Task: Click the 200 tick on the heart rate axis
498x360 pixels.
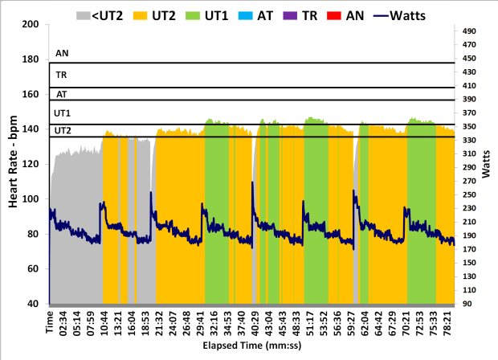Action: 32,24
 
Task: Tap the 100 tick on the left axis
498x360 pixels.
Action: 32,198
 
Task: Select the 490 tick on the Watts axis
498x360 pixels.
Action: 471,31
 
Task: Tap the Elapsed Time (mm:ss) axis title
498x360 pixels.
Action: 252,349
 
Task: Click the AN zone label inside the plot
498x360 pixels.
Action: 60,54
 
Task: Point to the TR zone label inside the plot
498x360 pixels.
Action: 60,75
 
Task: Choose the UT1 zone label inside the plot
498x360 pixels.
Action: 62,113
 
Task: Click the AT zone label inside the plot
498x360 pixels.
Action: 60,94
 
